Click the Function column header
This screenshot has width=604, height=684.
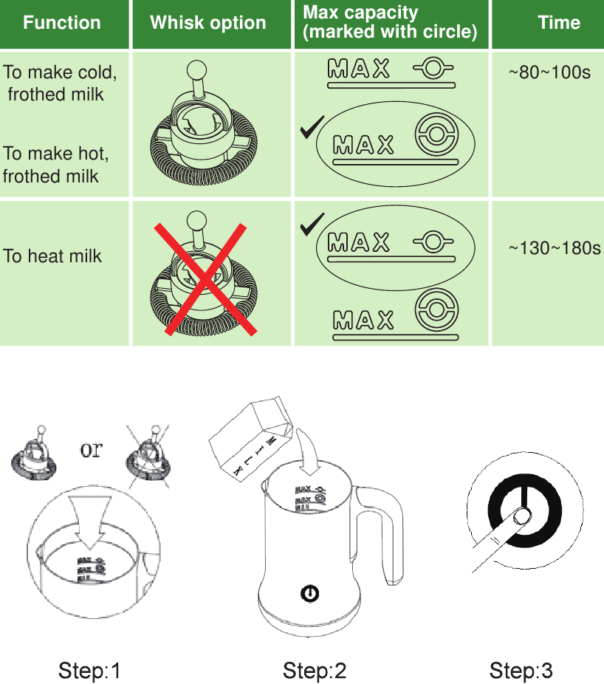coord(62,23)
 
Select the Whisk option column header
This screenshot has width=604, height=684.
coord(208,23)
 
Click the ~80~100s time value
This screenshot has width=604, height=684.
coord(549,73)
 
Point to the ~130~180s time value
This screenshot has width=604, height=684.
coord(555,248)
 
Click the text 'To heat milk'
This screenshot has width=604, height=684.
coord(52,256)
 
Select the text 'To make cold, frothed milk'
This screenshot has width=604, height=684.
coord(59,83)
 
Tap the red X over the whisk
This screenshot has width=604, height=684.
coord(201,279)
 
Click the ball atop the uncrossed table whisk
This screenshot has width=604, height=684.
coord(197,70)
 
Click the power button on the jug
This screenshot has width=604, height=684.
coord(311,593)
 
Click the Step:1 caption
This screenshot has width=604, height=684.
coord(89,671)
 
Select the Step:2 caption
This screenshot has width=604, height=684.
coord(314,671)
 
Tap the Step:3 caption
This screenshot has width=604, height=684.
coord(521,671)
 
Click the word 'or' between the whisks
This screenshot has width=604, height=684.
coord(91,450)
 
